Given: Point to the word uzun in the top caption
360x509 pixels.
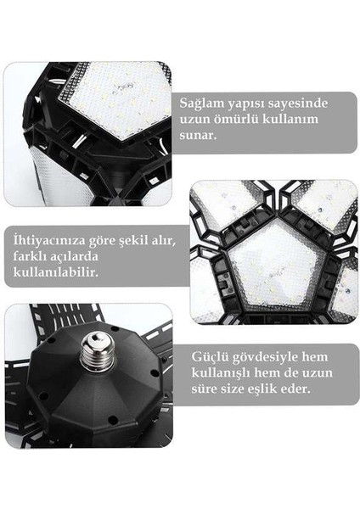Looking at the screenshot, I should click(197, 118).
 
